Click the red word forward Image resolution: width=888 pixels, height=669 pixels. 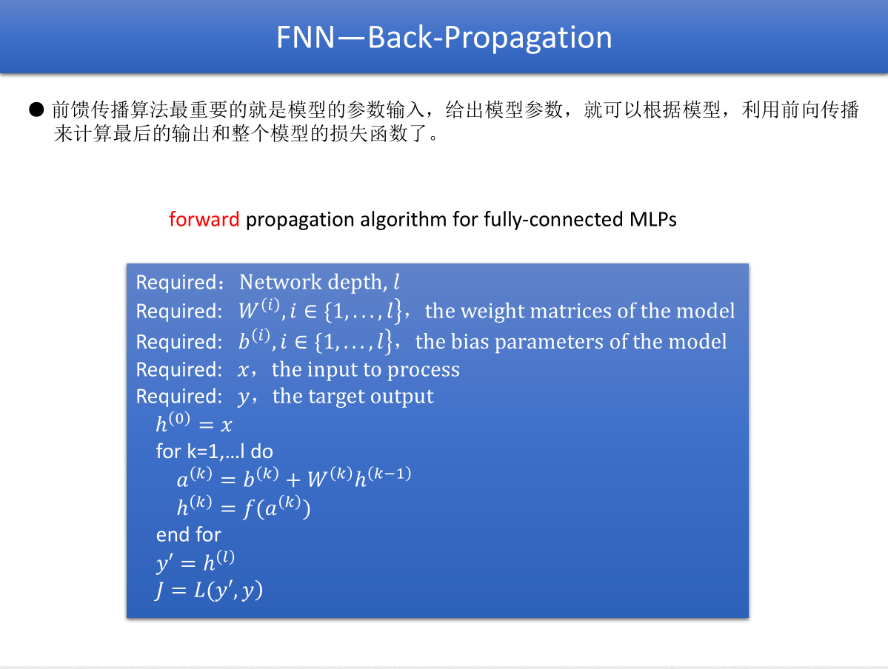click(204, 220)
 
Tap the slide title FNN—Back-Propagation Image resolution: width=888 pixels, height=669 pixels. click(444, 37)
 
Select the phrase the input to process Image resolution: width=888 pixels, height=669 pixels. click(366, 370)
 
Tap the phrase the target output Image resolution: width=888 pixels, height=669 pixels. click(353, 397)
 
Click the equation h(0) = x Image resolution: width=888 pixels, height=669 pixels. click(194, 424)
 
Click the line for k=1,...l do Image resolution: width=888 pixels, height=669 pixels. click(215, 451)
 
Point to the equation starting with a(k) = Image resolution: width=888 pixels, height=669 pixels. click(293, 479)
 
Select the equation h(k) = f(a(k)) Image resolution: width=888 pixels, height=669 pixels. click(243, 508)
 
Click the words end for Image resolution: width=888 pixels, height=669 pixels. click(188, 534)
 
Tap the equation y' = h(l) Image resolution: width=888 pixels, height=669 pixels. click(196, 562)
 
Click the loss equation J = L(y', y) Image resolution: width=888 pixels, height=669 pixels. click(210, 591)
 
